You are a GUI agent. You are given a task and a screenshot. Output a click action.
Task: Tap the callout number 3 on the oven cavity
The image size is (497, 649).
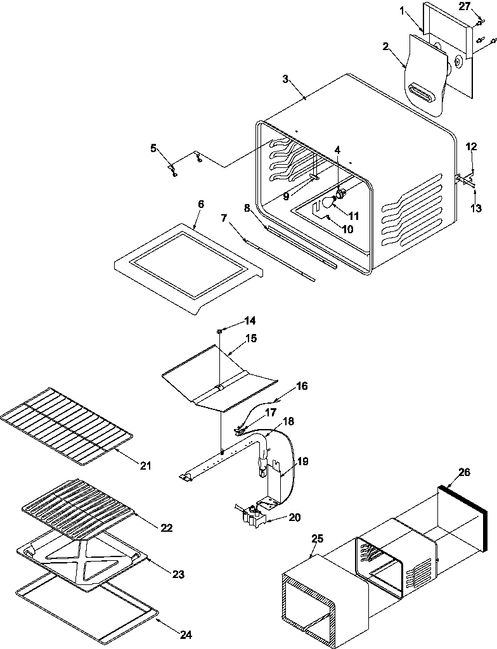pos(286,79)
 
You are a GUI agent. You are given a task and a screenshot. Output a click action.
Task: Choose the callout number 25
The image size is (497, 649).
pos(318,539)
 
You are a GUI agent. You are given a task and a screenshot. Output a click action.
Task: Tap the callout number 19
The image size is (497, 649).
pos(303,461)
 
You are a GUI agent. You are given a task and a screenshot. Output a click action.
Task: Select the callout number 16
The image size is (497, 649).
pos(302,385)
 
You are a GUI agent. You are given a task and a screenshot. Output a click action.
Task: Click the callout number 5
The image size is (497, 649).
pos(153,148)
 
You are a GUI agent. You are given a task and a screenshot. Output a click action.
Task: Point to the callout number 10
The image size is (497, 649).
pos(347,229)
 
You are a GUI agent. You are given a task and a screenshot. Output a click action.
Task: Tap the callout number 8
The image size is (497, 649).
pos(247,207)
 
